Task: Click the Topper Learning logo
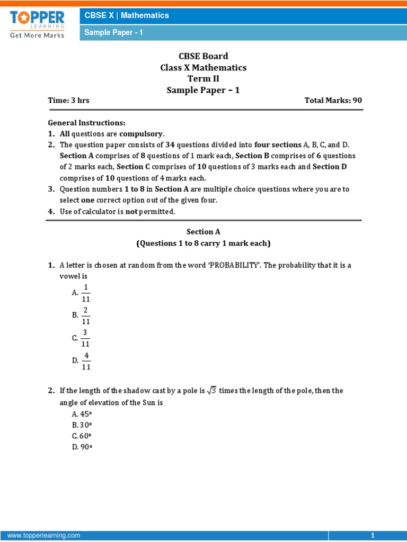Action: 37,23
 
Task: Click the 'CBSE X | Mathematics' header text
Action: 127,15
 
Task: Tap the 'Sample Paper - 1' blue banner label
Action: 114,33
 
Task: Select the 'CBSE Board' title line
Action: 203,56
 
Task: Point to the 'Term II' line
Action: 203,79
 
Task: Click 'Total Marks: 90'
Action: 333,101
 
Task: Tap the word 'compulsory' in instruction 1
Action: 141,134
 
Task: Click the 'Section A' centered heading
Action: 203,232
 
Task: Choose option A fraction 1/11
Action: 86,293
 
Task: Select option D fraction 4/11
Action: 86,361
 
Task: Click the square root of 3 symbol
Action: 211,391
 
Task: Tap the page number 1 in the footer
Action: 373,536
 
